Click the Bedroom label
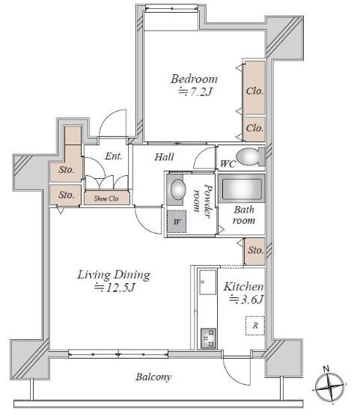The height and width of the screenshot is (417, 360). pyautogui.click(x=194, y=79)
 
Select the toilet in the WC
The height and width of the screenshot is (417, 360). pyautogui.click(x=250, y=156)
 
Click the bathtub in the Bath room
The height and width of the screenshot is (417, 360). pyautogui.click(x=242, y=189)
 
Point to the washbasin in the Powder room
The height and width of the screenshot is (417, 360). pyautogui.click(x=177, y=189)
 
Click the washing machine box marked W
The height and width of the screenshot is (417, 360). pyautogui.click(x=177, y=222)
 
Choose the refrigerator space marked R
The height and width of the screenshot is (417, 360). pyautogui.click(x=255, y=325)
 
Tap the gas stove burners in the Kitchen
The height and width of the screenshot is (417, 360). pyautogui.click(x=208, y=338)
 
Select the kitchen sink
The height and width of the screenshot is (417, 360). pyautogui.click(x=207, y=282)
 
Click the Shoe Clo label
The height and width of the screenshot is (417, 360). pyautogui.click(x=106, y=198)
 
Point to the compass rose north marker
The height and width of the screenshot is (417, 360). pyautogui.click(x=326, y=368)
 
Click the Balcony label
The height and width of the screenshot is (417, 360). pyautogui.click(x=153, y=377)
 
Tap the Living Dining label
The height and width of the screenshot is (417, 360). pyautogui.click(x=114, y=275)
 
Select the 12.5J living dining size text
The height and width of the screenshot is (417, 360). pyautogui.click(x=115, y=287)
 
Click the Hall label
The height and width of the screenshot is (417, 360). pyautogui.click(x=165, y=157)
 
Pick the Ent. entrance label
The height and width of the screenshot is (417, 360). pyautogui.click(x=114, y=156)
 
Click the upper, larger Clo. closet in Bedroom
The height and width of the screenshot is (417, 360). pyautogui.click(x=254, y=88)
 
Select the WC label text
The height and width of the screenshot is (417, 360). pyautogui.click(x=228, y=164)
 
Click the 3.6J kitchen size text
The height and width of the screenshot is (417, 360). pyautogui.click(x=246, y=299)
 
